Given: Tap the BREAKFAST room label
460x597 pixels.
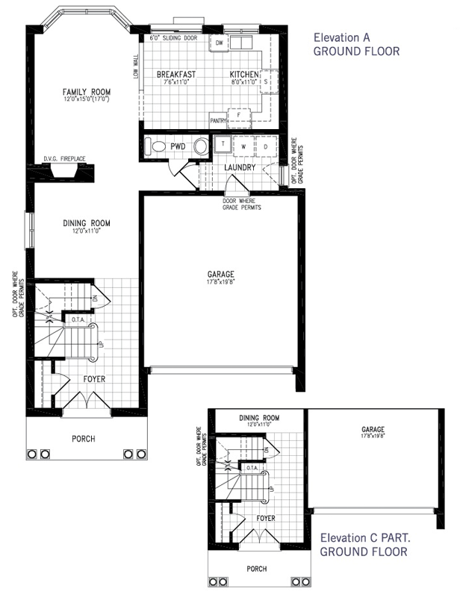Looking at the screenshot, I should tap(176, 75).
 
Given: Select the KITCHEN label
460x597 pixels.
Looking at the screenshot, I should tap(244, 75).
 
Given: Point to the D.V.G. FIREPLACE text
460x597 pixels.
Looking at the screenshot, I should tap(65, 159).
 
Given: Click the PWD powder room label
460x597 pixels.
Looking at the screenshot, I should tap(177, 146).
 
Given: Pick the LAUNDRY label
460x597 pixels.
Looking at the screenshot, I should tap(240, 168).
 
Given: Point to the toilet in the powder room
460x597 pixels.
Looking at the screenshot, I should tap(155, 147).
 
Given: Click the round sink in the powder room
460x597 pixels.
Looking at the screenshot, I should tap(200, 147).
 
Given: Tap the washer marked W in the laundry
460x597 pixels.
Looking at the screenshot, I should tap(243, 146).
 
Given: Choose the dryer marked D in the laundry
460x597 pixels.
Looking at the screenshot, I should tap(265, 146).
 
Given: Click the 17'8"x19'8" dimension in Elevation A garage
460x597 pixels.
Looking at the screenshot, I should tap(222, 281).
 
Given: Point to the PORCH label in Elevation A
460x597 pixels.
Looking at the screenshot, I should tap(84, 439).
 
